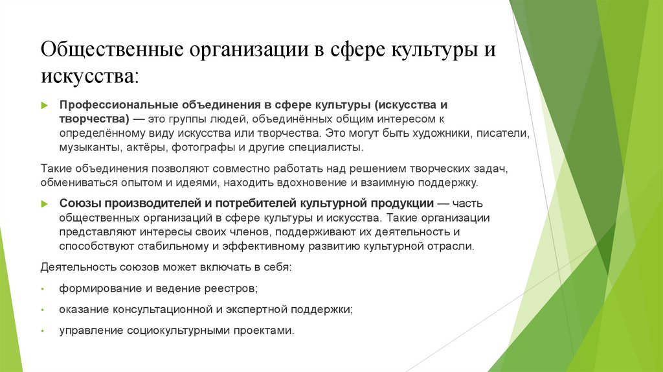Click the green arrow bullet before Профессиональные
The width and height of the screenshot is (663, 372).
pos(44,106)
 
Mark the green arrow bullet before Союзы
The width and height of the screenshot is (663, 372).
pos(44,203)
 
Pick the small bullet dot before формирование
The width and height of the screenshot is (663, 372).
pos(42,288)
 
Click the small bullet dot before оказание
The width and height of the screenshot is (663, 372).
pos(42,310)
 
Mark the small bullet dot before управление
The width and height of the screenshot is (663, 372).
pos(42,331)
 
